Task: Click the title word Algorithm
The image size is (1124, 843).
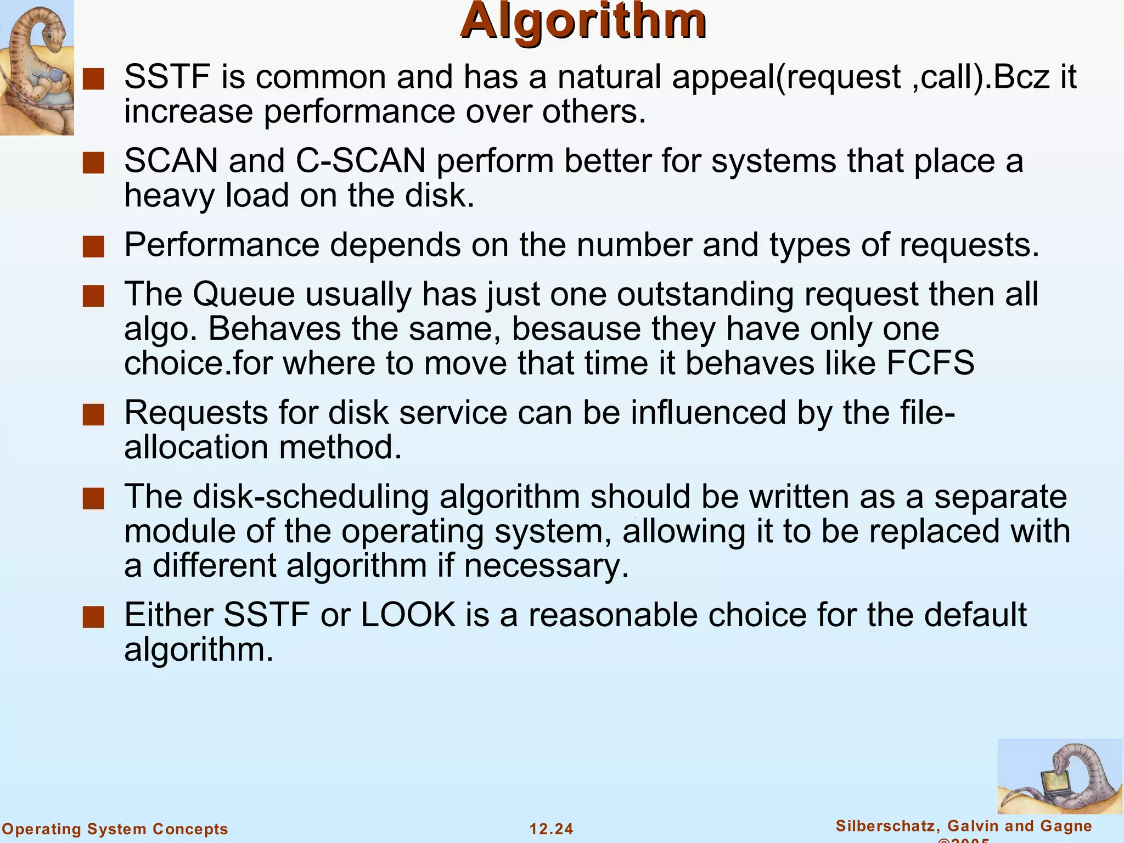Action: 583,22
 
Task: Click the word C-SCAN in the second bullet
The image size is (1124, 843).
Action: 361,161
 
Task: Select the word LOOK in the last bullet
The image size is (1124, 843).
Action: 408,615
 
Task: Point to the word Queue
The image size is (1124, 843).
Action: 244,294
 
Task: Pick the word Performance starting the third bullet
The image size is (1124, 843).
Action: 222,245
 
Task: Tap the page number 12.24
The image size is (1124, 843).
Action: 551,828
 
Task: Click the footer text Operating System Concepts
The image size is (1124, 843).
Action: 115,828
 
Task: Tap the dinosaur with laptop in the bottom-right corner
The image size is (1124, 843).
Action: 1060,776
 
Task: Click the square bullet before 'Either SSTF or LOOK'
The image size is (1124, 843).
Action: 93,617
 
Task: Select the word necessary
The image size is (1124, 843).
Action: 546,566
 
